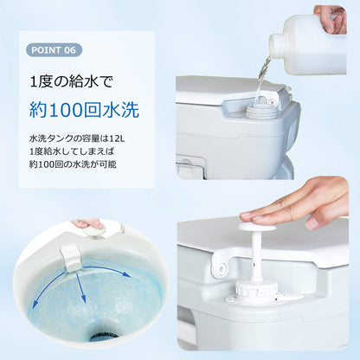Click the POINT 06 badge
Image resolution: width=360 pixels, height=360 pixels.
pyautogui.click(x=54, y=50)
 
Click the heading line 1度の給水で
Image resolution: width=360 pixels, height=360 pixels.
pyautogui.click(x=71, y=82)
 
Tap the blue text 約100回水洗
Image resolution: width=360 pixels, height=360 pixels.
pyautogui.click(x=84, y=110)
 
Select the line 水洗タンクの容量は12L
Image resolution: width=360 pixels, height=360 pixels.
pyautogui.click(x=77, y=138)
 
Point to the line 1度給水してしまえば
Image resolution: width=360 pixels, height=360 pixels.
pyautogui.click(x=72, y=151)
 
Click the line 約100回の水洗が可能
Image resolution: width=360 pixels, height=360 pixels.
pyautogui.click(x=73, y=164)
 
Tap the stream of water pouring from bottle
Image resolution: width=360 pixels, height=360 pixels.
pyautogui.click(x=261, y=80)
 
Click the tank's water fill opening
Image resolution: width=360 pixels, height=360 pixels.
pyautogui.click(x=260, y=111)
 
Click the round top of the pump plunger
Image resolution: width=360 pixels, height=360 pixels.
pyautogui.click(x=257, y=226)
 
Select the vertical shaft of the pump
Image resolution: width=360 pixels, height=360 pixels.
pyautogui.click(x=256, y=254)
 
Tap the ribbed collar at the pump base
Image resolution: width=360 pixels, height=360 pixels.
pyautogui.click(x=256, y=287)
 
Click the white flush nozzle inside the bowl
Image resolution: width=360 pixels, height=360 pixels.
pyautogui.click(x=71, y=258)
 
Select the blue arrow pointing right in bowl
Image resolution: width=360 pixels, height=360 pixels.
pyautogui.click(x=107, y=271)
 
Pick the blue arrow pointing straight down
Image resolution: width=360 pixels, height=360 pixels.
pyautogui.click(x=80, y=288)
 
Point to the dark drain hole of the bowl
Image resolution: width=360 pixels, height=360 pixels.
pyautogui.click(x=104, y=337)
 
